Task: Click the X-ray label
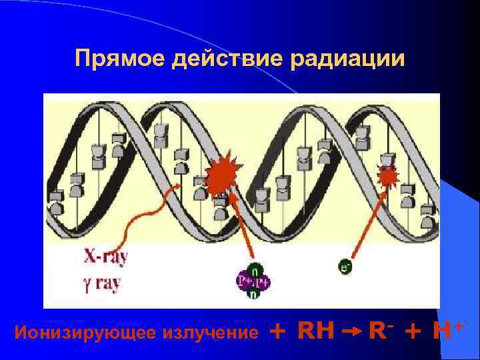(106, 256)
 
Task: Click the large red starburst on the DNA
(221, 174)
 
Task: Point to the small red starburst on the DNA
(387, 176)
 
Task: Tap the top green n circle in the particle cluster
(254, 271)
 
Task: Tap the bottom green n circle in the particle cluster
(253, 294)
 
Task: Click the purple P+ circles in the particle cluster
(253, 282)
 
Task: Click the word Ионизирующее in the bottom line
(83, 331)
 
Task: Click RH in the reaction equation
(315, 329)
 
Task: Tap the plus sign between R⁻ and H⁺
(414, 330)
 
